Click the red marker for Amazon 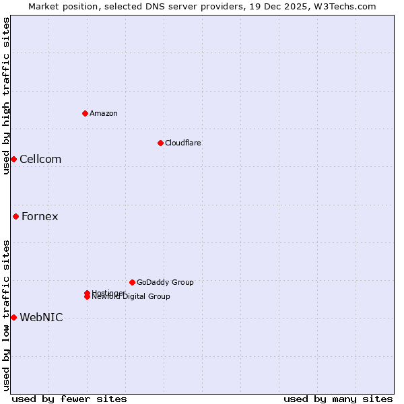click(85, 113)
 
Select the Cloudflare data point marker click(160, 143)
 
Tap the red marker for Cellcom click(13, 159)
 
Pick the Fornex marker click(15, 216)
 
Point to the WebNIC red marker click(13, 317)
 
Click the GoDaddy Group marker click(132, 282)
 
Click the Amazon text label click(103, 113)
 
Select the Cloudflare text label click(182, 143)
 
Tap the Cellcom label click(40, 159)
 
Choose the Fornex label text click(40, 216)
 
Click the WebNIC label click(41, 317)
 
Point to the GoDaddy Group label click(165, 282)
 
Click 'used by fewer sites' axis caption click(69, 399)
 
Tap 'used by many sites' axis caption click(338, 399)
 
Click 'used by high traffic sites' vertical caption click(6, 96)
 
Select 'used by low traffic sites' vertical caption click(6, 315)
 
